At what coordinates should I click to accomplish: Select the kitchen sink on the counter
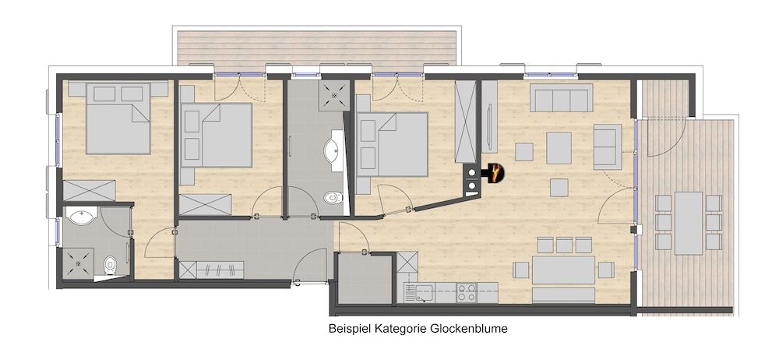(x=424, y=293)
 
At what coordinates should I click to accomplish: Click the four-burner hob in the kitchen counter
(x=467, y=293)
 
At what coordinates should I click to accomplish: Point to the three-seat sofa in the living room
(x=559, y=99)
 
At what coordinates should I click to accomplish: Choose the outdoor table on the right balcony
(x=688, y=222)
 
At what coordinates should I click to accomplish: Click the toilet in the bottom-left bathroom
(x=111, y=266)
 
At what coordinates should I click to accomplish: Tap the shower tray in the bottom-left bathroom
(x=79, y=263)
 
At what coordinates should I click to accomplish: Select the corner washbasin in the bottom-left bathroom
(x=81, y=216)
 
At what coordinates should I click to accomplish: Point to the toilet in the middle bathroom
(x=333, y=198)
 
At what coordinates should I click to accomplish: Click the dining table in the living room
(x=563, y=270)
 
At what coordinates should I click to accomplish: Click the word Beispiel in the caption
(x=351, y=330)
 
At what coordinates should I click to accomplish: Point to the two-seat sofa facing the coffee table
(x=607, y=146)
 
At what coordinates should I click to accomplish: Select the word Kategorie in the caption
(x=403, y=330)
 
